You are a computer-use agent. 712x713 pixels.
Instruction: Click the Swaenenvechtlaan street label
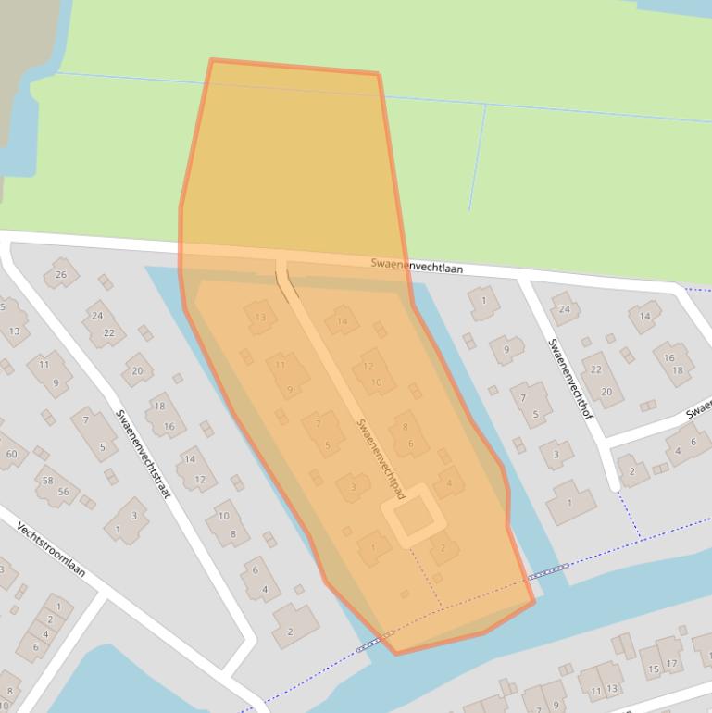[x=417, y=266]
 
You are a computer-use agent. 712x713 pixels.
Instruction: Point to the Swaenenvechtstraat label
[x=143, y=454]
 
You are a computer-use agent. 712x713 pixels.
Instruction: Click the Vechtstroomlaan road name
[x=51, y=549]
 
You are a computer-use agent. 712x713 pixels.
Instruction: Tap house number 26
[x=61, y=274]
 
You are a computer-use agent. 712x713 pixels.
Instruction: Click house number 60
[x=11, y=454]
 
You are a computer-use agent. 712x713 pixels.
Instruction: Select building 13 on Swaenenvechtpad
[x=260, y=318]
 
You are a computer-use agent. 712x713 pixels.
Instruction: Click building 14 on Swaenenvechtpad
[x=343, y=321]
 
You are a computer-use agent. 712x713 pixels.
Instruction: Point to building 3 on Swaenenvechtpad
[x=353, y=487]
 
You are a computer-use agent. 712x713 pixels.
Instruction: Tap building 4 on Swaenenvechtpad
[x=449, y=482]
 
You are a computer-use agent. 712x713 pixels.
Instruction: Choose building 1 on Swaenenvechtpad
[x=373, y=547]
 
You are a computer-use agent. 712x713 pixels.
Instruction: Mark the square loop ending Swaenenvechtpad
[x=408, y=514]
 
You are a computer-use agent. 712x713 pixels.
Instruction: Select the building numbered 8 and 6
[x=407, y=434]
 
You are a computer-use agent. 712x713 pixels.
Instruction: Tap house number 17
[x=671, y=663]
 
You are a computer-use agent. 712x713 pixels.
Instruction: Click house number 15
[x=653, y=667]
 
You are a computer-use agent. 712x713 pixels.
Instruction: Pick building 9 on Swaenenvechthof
[x=506, y=349]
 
